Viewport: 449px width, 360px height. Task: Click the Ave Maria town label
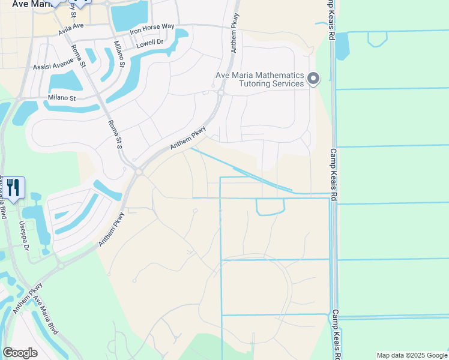tap(23, 4)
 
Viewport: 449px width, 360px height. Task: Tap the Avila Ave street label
tap(71, 29)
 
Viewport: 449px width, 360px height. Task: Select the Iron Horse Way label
tap(151, 28)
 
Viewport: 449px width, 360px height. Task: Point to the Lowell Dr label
tap(149, 43)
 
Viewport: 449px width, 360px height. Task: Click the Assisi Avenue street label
tap(53, 67)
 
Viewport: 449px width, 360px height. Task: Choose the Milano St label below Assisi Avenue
tap(62, 98)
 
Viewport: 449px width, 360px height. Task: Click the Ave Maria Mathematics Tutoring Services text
tap(259, 79)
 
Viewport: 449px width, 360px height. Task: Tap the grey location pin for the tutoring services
tap(313, 79)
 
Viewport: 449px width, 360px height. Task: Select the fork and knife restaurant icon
tap(13, 188)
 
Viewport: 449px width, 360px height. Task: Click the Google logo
tap(20, 353)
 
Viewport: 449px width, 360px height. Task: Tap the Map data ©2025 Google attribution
tap(412, 355)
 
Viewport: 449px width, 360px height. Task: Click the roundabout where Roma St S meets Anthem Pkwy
tap(139, 172)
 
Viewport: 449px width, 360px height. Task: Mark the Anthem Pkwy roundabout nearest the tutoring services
tap(220, 92)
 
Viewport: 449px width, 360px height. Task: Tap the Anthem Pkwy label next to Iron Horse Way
tap(235, 34)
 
